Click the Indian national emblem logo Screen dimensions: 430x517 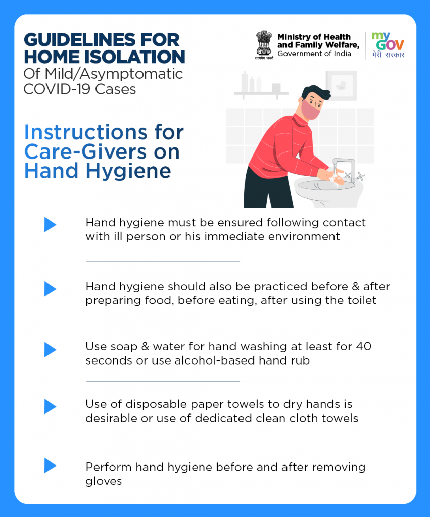264,45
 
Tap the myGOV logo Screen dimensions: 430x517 388,45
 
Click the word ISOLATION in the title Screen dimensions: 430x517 134,57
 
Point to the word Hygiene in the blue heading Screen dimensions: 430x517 128,172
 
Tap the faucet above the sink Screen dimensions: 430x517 344,169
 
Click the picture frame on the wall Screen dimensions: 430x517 341,86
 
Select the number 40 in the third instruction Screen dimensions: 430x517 364,346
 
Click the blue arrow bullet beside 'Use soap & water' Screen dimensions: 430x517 50,350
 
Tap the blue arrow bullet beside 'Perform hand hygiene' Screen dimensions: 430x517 50,466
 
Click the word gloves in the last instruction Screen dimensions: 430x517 104,481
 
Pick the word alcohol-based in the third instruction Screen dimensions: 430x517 215,360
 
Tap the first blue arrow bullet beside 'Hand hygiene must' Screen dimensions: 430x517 50,225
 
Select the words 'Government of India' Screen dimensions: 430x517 314,54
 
